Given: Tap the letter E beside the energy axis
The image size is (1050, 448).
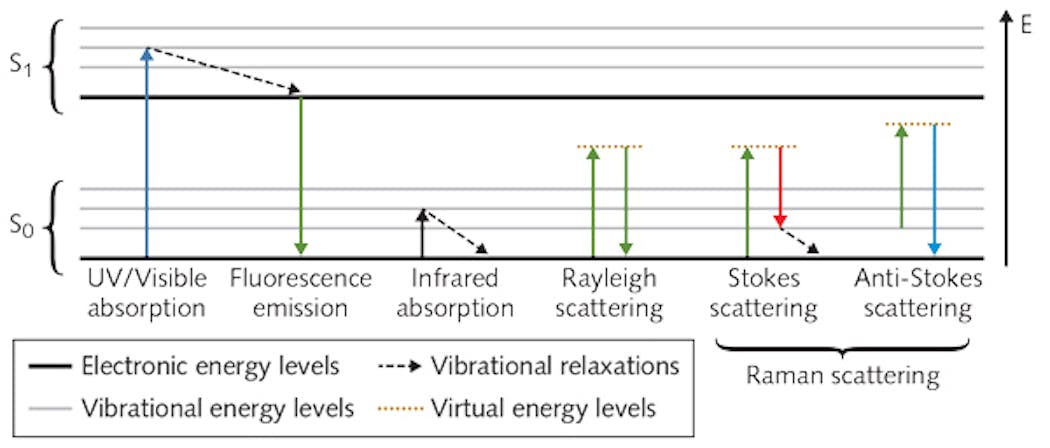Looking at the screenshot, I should (x=1027, y=26).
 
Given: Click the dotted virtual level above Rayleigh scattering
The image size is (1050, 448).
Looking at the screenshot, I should (x=609, y=147).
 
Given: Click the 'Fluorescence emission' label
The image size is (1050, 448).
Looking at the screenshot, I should (x=300, y=293).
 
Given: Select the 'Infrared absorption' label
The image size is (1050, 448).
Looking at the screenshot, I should (x=454, y=293).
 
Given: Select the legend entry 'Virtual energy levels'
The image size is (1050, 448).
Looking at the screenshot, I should (x=544, y=408).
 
